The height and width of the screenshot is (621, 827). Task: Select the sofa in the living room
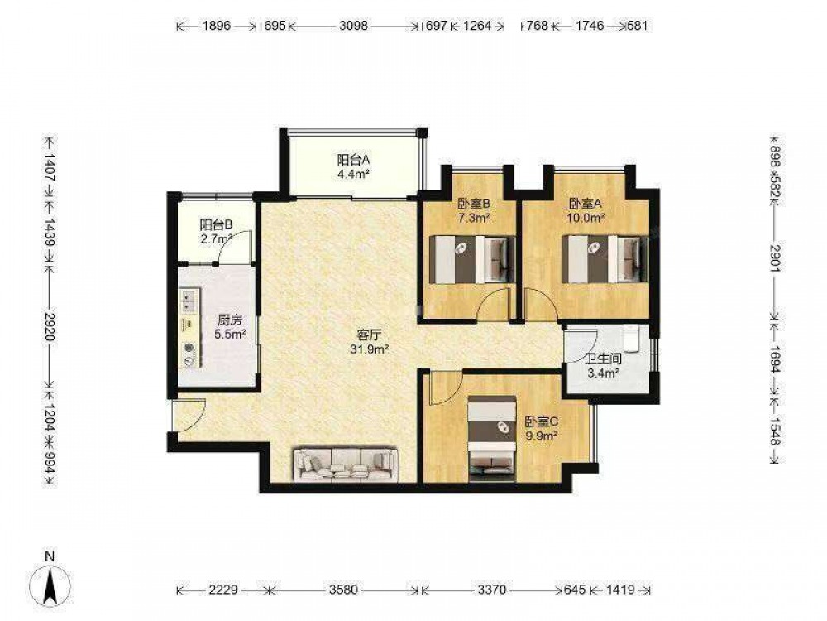pos(346,465)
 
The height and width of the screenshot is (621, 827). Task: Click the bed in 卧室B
pos(473,259)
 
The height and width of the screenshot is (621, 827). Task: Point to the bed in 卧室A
pos(606,259)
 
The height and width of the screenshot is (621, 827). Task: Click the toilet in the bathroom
pos(630,339)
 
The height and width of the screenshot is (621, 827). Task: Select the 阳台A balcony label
pos(353,159)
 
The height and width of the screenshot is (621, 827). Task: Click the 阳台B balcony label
pos(216,224)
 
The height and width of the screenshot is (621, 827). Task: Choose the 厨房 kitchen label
pos(230,320)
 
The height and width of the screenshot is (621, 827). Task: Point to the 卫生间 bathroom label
pos(604,359)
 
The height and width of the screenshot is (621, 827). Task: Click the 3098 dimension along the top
pos(353,26)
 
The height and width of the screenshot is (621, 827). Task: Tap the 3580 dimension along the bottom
pos(344,589)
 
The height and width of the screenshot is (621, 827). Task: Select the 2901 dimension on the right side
pos(775,258)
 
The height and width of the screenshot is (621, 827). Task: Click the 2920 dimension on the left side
pos(50,327)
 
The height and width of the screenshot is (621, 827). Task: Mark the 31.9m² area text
pos(369,349)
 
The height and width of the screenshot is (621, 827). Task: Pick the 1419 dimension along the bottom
pos(620,589)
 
